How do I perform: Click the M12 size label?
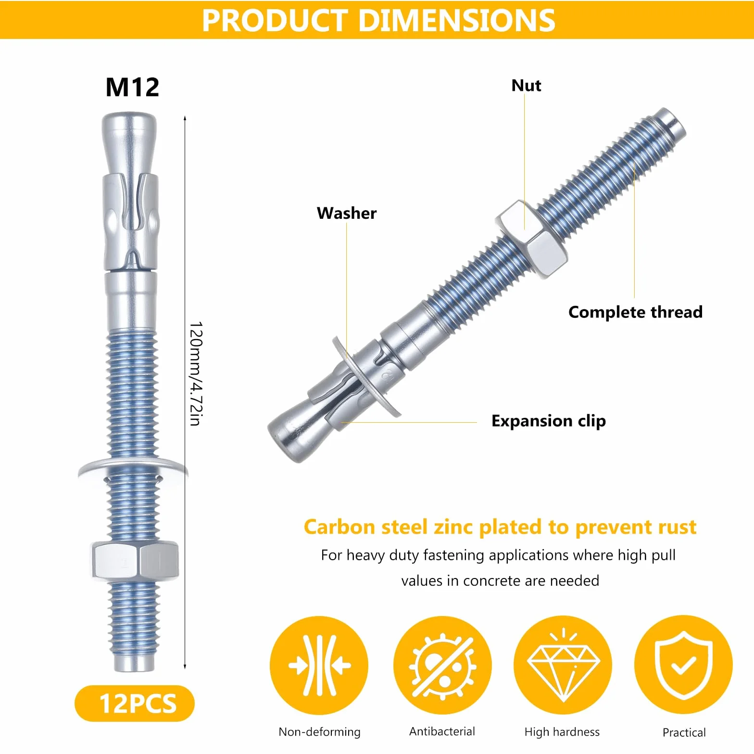(132, 87)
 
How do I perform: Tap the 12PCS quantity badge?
(135, 704)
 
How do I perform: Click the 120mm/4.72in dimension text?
(196, 374)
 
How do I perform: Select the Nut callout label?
(526, 86)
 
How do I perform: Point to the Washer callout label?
(347, 213)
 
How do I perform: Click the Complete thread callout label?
(635, 312)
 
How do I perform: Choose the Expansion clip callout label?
(549, 421)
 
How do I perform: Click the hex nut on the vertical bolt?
(134, 561)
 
